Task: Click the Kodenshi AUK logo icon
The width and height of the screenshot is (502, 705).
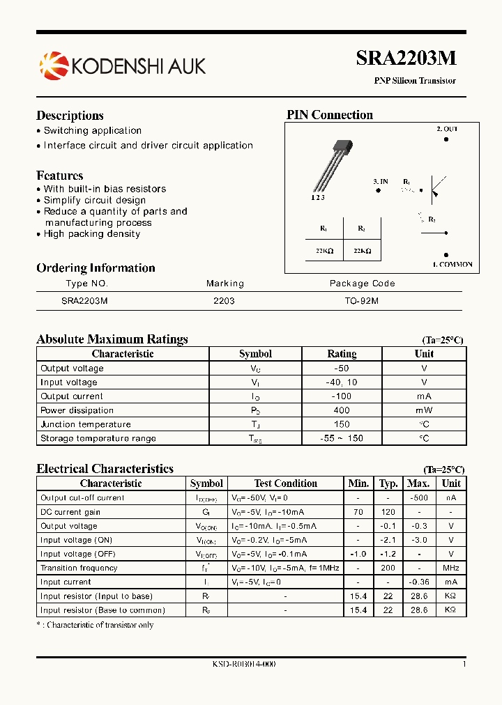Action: point(54,66)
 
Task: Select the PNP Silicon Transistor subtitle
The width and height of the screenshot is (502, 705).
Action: point(415,81)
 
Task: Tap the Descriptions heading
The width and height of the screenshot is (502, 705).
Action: point(70,116)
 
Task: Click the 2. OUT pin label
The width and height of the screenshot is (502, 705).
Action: point(447,129)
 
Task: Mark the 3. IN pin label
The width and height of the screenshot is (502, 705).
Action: point(381,181)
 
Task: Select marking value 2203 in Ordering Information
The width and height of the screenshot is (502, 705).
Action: point(224,300)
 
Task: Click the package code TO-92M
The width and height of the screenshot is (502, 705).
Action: point(362,300)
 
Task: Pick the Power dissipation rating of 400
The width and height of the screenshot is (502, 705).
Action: point(342,410)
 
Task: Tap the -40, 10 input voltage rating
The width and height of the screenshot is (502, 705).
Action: point(342,382)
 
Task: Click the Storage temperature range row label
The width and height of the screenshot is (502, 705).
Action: point(98,438)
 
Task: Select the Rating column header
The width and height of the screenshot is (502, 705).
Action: point(342,354)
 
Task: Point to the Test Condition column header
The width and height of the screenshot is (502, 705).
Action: point(285,483)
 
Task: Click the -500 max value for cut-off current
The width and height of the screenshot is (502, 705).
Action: point(418,498)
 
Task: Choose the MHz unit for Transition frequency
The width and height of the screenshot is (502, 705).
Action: point(451,568)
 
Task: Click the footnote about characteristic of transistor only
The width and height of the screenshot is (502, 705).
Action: point(95,625)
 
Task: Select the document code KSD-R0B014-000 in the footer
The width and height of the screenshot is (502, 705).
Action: point(244,665)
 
